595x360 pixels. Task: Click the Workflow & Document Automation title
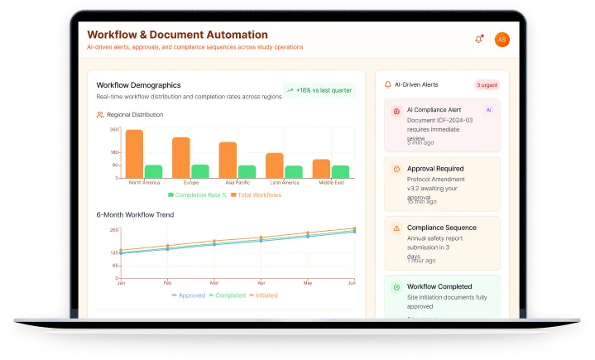tap(177, 35)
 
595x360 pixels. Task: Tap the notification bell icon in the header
tap(478, 40)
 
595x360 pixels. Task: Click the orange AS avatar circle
tap(501, 40)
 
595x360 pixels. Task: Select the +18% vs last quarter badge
tap(319, 90)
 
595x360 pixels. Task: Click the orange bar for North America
tap(134, 153)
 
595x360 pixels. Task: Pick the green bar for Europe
tap(200, 171)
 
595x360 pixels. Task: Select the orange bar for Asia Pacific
tap(228, 160)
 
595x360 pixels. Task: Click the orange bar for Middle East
tap(321, 168)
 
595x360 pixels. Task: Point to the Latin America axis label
tap(285, 182)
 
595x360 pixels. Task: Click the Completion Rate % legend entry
tap(197, 195)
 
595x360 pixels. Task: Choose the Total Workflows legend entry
tap(256, 195)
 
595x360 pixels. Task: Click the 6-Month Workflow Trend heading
tap(135, 215)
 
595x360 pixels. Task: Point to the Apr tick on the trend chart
tap(262, 282)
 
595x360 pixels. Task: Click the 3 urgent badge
tap(487, 84)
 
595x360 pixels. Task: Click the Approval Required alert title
tap(435, 168)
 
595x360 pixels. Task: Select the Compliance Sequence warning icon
tap(396, 228)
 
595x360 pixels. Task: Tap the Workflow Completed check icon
tap(396, 287)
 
